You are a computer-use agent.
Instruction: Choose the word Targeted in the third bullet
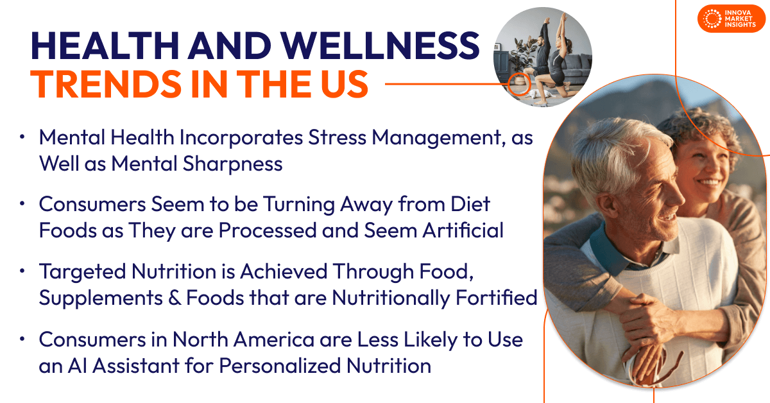[82, 271]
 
